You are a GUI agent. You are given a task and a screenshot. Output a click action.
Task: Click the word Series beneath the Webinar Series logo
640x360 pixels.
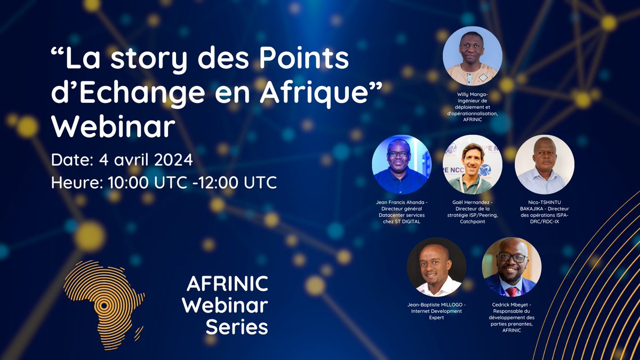tap(237, 326)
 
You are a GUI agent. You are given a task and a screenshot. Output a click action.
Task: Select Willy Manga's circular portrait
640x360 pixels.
tap(472, 56)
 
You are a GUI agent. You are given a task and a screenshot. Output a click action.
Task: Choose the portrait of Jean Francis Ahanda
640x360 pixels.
tap(401, 164)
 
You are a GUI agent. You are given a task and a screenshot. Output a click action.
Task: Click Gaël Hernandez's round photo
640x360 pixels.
tap(472, 164)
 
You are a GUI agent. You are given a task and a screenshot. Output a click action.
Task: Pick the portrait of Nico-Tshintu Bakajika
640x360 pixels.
tap(544, 164)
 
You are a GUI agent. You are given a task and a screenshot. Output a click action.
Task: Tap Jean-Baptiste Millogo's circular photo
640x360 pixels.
tap(436, 267)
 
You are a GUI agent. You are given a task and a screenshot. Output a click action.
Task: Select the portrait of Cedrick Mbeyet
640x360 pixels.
tap(511, 267)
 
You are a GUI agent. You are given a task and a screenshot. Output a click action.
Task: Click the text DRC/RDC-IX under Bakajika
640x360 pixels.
tap(545, 221)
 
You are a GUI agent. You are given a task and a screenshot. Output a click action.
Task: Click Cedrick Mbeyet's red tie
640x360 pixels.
tap(511, 291)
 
